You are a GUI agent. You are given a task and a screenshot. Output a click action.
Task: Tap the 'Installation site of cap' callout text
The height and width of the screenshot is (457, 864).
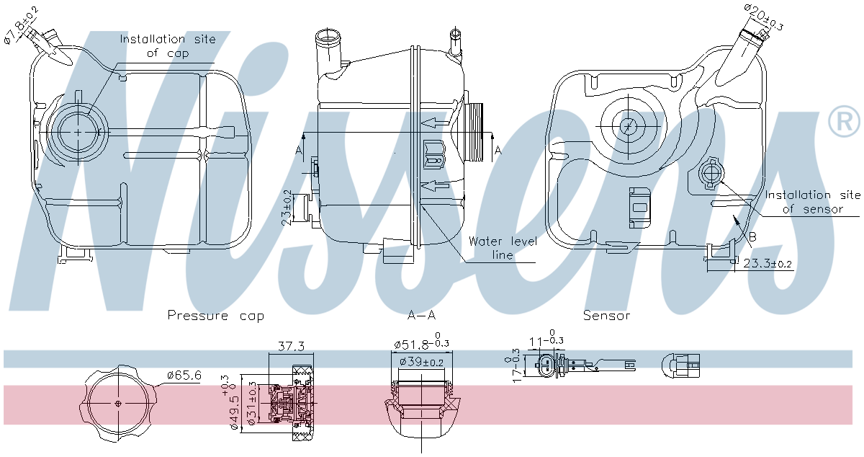click(x=167, y=46)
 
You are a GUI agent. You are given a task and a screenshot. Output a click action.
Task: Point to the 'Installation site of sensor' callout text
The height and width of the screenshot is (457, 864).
click(x=812, y=202)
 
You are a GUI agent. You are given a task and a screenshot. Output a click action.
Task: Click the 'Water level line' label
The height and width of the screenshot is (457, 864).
click(x=503, y=248)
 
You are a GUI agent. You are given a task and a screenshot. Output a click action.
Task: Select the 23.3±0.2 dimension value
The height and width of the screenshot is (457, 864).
click(x=768, y=265)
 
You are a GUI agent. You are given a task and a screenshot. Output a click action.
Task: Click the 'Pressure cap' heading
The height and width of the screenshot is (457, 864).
click(x=215, y=316)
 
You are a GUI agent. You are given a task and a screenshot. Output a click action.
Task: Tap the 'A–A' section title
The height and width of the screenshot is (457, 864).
click(x=421, y=316)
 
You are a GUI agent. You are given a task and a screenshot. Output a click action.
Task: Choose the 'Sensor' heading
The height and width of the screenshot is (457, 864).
click(x=606, y=316)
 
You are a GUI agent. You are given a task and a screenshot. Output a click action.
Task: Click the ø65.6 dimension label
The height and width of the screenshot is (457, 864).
click(x=184, y=375)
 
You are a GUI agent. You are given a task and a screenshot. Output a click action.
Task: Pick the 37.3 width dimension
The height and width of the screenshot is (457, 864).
click(x=291, y=347)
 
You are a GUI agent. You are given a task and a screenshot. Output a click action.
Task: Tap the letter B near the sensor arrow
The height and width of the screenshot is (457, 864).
click(x=752, y=236)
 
